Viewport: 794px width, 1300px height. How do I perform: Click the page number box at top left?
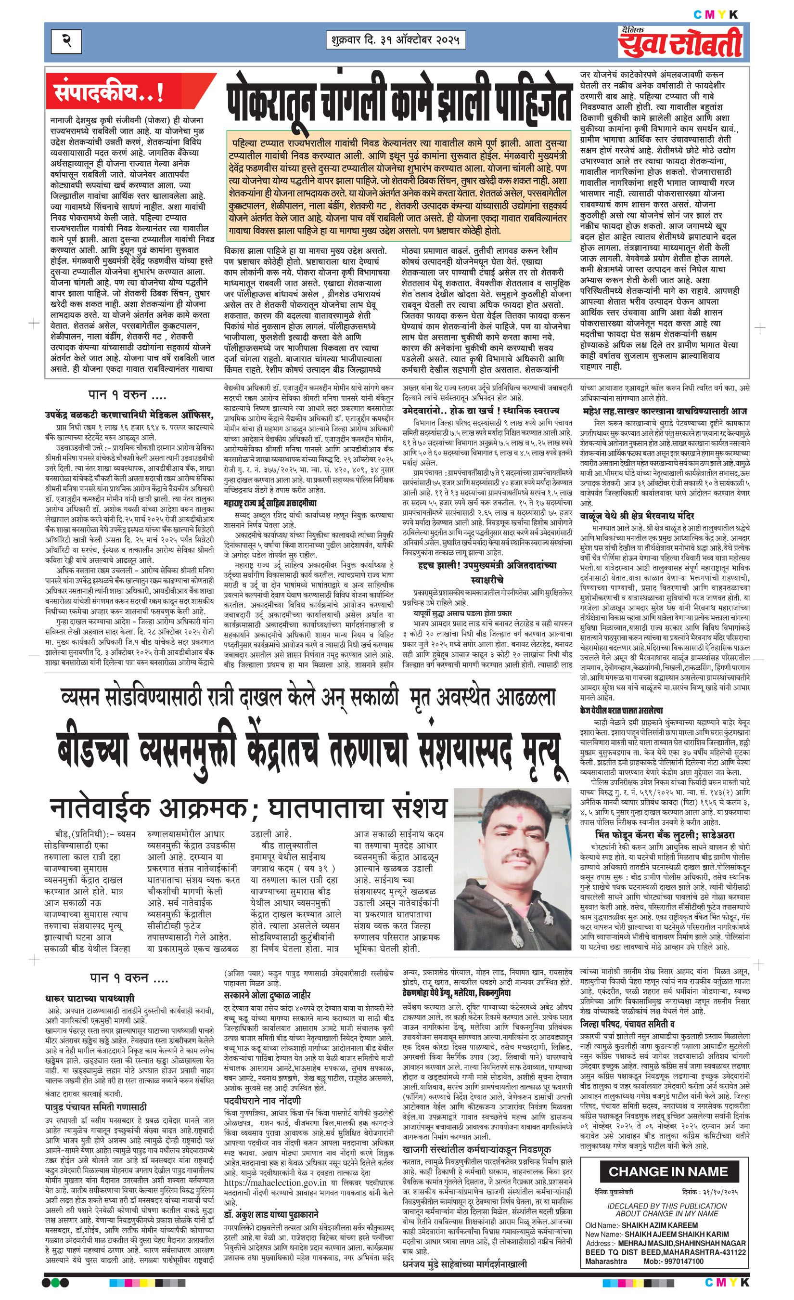coord(66,40)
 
